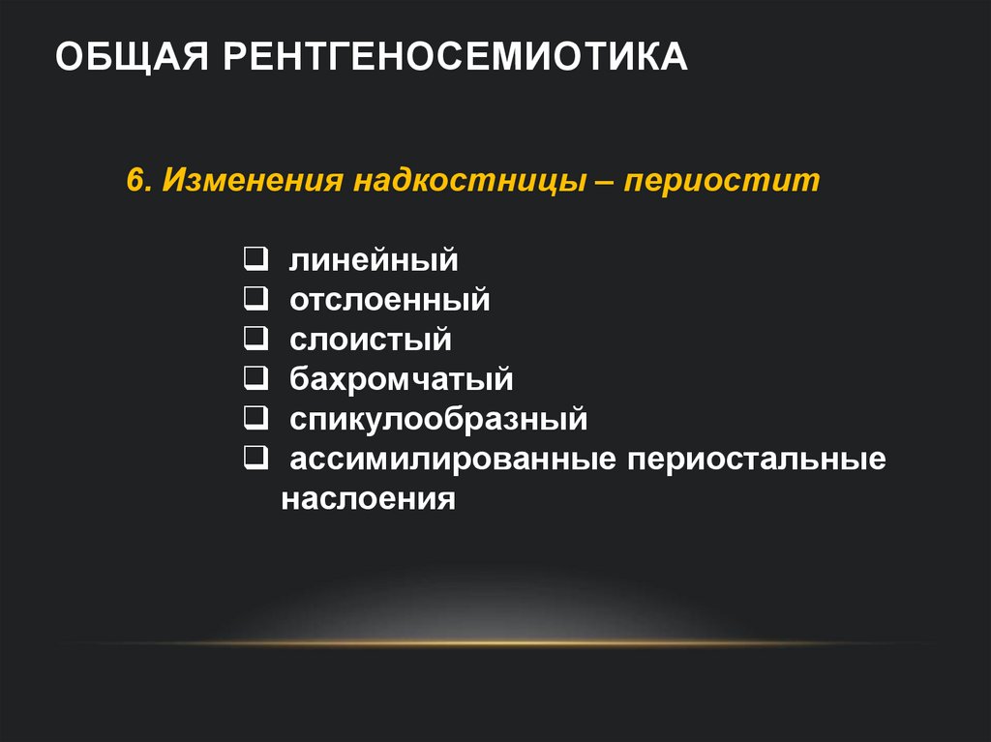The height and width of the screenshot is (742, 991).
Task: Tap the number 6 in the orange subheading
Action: point(135,182)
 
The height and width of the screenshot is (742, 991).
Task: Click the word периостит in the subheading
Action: point(722,182)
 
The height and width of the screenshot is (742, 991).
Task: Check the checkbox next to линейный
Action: point(256,259)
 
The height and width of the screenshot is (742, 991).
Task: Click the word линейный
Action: point(374,260)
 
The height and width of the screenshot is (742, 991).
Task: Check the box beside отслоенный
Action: point(256,299)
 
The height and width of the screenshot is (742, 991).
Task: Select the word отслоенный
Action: point(390,300)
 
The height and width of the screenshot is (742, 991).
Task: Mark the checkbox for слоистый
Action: point(256,339)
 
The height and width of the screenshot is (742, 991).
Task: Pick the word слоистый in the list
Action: point(371,340)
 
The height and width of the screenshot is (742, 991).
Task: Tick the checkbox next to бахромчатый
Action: point(256,378)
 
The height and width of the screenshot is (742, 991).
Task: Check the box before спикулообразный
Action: point(256,418)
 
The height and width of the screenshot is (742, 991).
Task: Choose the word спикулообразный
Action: point(438,420)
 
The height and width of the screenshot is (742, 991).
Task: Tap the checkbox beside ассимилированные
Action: point(256,458)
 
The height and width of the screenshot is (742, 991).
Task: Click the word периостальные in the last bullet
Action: point(757,460)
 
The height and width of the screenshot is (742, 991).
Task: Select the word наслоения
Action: point(369,499)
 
